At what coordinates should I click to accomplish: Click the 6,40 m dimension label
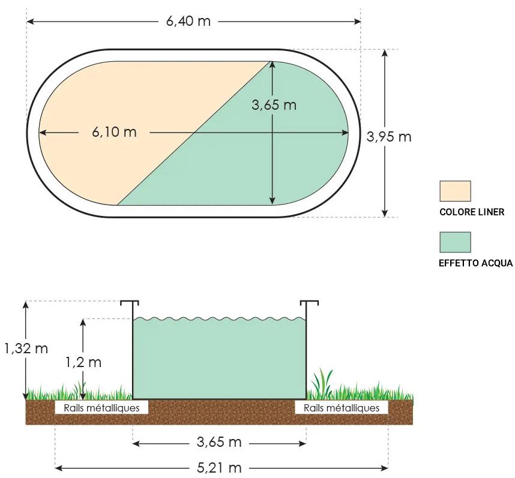pos(188,22)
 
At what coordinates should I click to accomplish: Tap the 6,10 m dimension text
pos(114,132)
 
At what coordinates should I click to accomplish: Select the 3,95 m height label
pos(389,136)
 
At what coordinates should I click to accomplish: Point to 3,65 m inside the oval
pos(274,105)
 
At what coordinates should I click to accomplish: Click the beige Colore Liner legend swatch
pos(455,191)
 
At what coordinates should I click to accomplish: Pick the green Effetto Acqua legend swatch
pos(455,242)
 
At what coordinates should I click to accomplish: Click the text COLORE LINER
pos(472,212)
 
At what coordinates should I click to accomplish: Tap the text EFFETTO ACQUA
pos(476,263)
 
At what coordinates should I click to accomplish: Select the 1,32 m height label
pos(26,348)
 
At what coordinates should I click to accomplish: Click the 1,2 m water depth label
pos(83,362)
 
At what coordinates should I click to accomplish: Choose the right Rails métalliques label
pos(342,408)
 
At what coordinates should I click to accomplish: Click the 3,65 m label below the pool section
pos(219,443)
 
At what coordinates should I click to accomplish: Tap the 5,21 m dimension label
pos(219,467)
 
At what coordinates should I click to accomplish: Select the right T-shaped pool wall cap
pos(309,302)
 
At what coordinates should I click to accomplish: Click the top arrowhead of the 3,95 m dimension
pos(385,53)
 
